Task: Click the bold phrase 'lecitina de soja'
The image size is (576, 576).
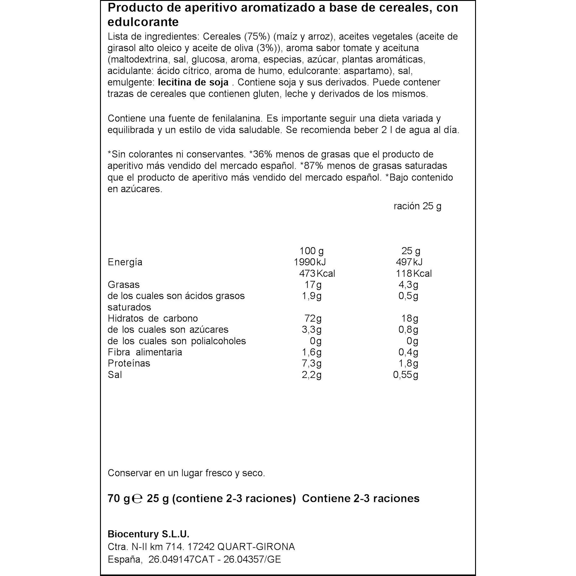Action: point(193,82)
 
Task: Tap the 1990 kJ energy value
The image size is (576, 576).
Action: point(310,262)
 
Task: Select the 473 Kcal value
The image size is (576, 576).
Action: point(317,274)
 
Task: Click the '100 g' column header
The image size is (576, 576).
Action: point(311,251)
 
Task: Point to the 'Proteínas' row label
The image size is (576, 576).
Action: point(129,363)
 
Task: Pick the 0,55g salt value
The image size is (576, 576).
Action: point(405,375)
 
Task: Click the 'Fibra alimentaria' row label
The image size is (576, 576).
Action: point(145,352)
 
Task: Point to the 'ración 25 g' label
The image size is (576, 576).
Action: point(417,206)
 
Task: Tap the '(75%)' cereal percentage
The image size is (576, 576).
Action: point(257,36)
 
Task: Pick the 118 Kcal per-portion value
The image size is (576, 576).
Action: point(414,274)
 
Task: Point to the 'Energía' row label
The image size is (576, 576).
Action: point(125,262)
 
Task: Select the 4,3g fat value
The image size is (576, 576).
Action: point(408,285)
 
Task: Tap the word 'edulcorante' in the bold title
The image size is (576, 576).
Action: point(143,22)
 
